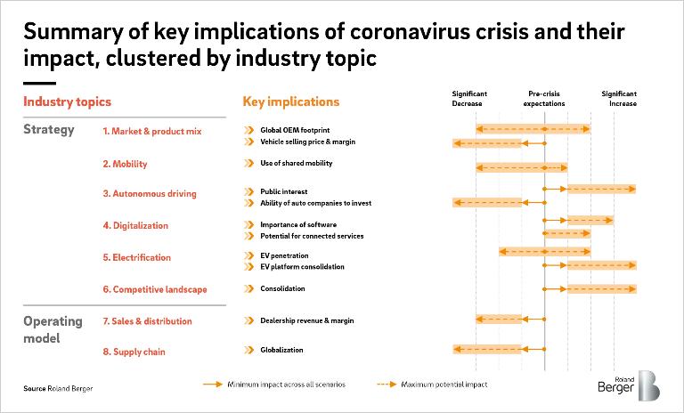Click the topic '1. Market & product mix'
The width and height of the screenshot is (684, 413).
click(x=152, y=131)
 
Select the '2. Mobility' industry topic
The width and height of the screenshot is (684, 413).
click(x=125, y=164)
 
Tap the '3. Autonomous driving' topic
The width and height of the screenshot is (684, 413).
click(x=149, y=193)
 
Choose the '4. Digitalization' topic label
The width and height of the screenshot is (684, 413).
click(x=134, y=225)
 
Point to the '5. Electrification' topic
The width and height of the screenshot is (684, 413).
click(x=136, y=257)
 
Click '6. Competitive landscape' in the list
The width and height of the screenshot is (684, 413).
click(x=154, y=288)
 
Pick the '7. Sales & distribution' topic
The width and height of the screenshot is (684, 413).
click(x=147, y=321)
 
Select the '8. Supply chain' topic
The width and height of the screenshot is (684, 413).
click(x=133, y=352)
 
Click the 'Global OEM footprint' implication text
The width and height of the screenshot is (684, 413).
click(x=295, y=130)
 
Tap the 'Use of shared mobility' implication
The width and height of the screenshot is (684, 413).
click(x=296, y=163)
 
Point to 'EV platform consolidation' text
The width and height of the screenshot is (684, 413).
click(x=301, y=266)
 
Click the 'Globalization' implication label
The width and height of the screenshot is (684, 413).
click(x=281, y=351)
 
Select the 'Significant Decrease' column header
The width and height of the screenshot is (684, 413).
click(x=469, y=98)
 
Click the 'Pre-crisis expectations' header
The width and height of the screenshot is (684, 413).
click(x=544, y=98)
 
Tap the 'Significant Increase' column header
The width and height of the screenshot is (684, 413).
click(x=620, y=98)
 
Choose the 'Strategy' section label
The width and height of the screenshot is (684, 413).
click(x=48, y=130)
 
